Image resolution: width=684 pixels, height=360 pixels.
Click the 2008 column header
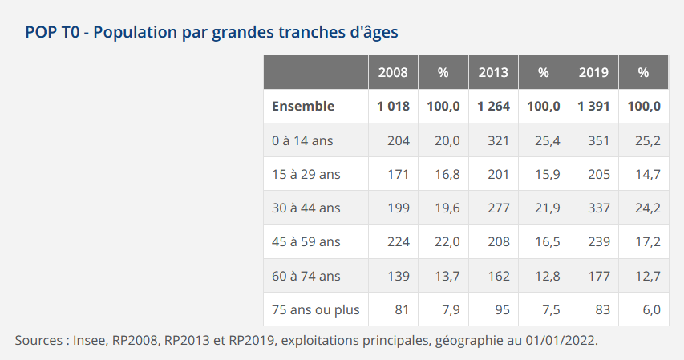tap(393, 72)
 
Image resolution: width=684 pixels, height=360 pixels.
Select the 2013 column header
tap(493, 72)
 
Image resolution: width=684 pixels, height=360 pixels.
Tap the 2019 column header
tap(593, 72)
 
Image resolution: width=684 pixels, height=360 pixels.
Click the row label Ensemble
tap(303, 106)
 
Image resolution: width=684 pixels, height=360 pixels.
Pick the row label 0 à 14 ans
tap(302, 140)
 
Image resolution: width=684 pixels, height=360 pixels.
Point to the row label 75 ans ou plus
tap(316, 309)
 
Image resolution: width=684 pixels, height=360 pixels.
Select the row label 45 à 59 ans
tap(306, 241)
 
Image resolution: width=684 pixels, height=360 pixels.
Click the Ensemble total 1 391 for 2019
tap(593, 106)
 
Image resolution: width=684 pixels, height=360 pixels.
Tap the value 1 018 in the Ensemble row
tap(393, 106)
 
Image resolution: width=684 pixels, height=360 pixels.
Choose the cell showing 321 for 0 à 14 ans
tap(499, 140)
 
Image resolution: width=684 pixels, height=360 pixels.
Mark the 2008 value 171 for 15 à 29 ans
tap(399, 174)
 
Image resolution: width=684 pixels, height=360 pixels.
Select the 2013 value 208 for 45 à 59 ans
tap(499, 241)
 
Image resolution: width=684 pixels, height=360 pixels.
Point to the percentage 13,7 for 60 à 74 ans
tap(447, 276)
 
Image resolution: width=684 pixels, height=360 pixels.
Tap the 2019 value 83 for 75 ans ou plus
tap(601, 309)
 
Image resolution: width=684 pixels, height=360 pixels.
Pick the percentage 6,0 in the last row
tap(651, 309)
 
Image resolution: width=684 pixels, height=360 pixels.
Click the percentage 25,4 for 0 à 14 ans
tap(548, 140)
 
